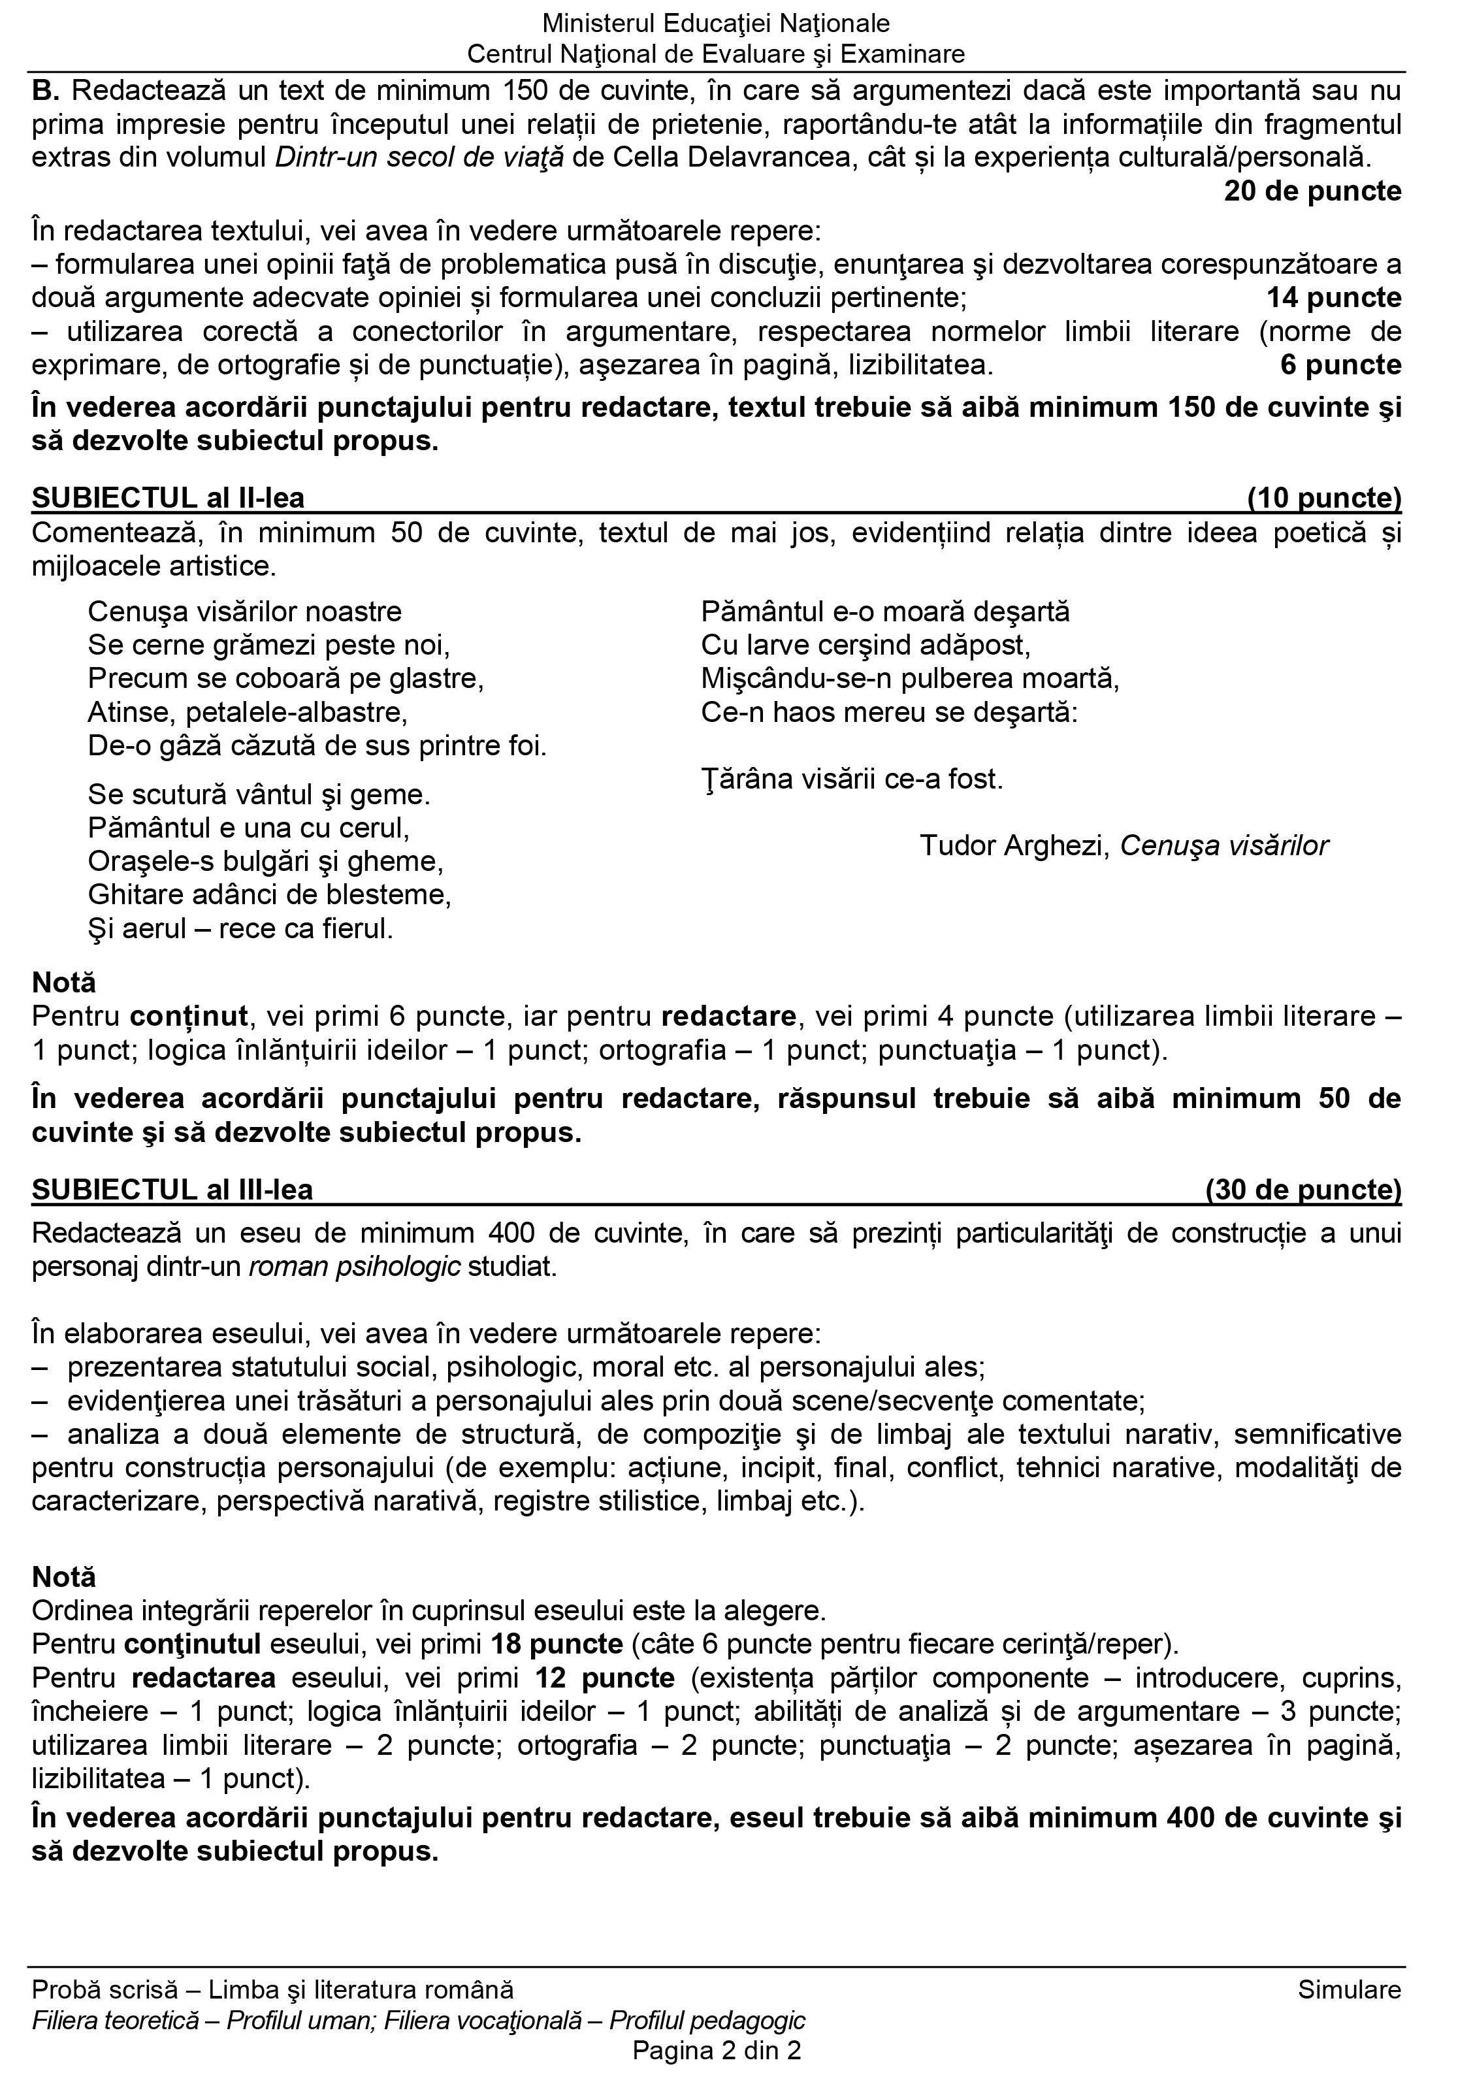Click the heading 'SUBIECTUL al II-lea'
coord(168,498)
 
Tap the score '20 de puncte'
coord(1312,191)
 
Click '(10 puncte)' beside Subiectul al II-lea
coord(1324,498)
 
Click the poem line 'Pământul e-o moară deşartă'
coord(885,612)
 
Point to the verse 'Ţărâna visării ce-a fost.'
coord(852,779)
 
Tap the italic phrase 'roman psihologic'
coord(355,1267)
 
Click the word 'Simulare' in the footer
coord(1349,1989)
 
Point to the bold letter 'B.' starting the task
coord(46,91)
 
